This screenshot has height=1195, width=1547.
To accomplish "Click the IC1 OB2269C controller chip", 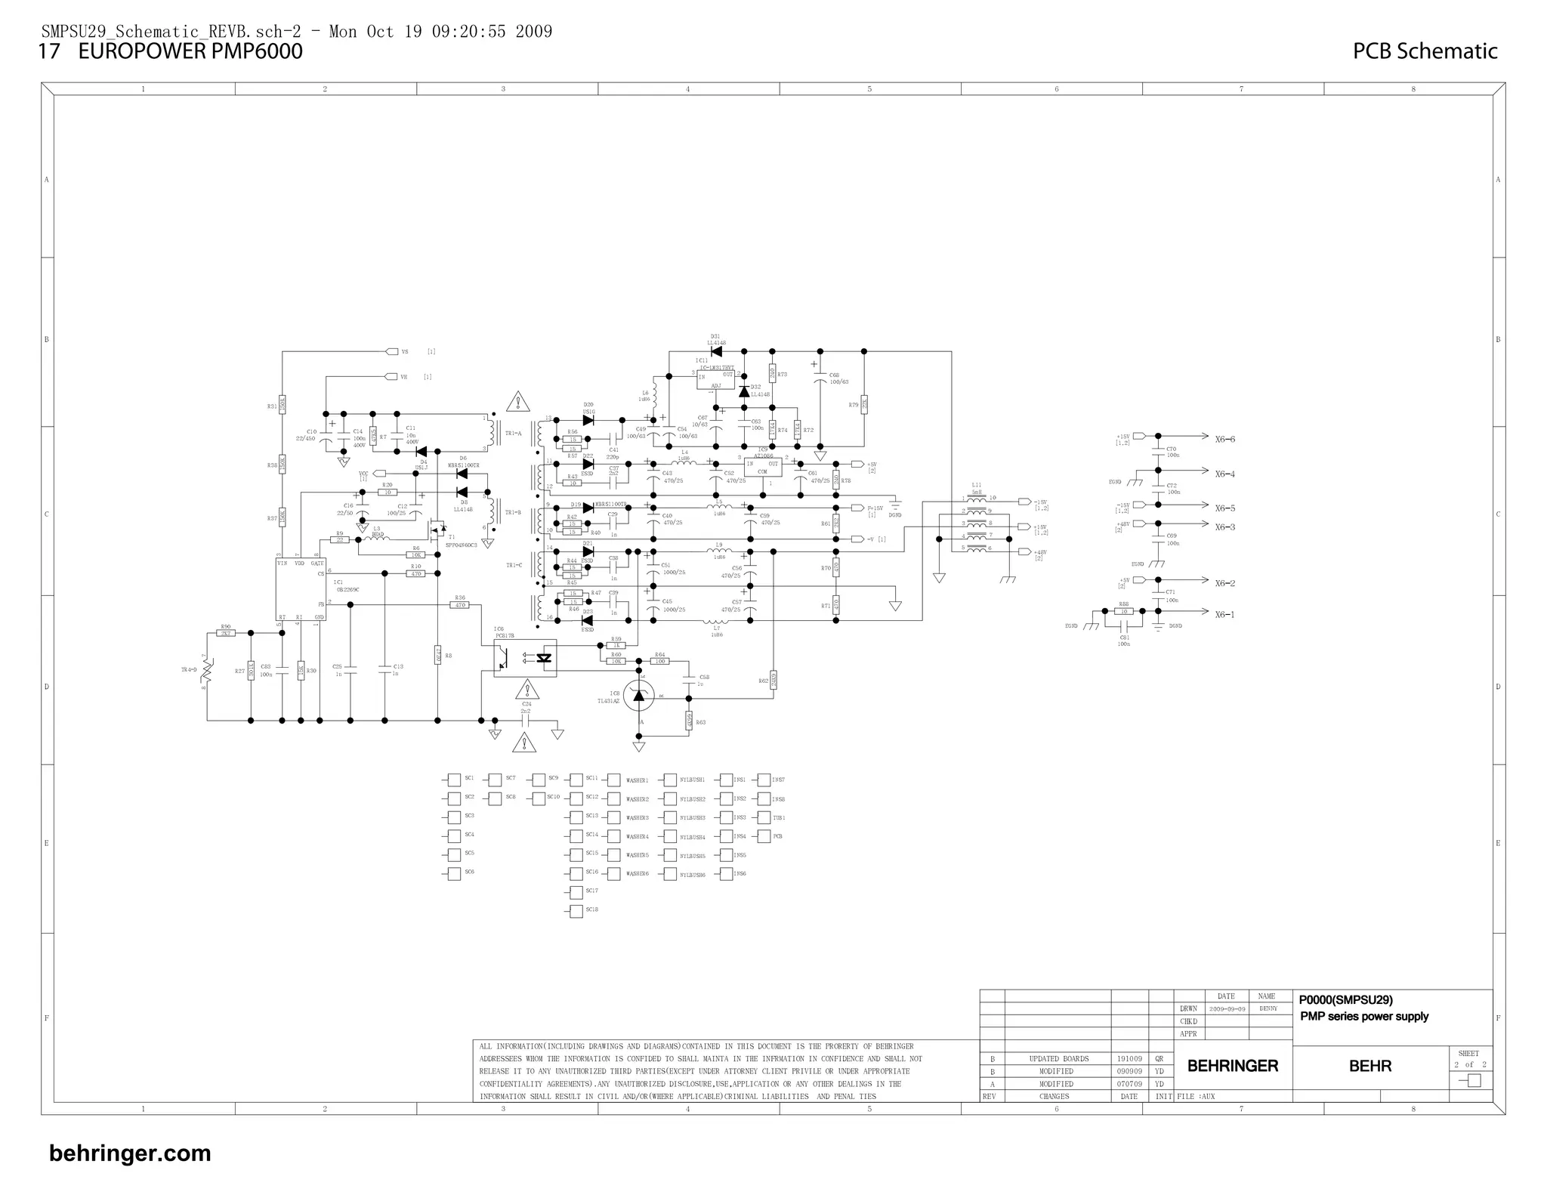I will pyautogui.click(x=301, y=589).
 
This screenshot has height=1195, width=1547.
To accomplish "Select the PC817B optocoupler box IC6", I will pyautogui.click(x=525, y=658).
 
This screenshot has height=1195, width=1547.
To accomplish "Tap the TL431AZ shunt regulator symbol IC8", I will pyautogui.click(x=639, y=695).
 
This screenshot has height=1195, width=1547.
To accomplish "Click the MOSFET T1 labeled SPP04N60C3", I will pyautogui.click(x=437, y=530).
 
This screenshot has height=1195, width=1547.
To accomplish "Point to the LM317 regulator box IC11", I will pyautogui.click(x=715, y=379).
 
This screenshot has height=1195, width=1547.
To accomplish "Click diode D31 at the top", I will pyautogui.click(x=716, y=351).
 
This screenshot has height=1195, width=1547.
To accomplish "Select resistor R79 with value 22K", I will pyautogui.click(x=863, y=405).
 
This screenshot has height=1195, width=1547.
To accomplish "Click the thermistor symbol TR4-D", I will pyautogui.click(x=207, y=671).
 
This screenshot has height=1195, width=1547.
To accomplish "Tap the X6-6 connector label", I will pyautogui.click(x=1225, y=440).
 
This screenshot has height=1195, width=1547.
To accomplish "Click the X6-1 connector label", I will pyautogui.click(x=1225, y=615).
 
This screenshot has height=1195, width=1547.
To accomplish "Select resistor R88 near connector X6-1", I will pyautogui.click(x=1124, y=611).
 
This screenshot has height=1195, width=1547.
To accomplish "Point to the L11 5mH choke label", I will pyautogui.click(x=977, y=488).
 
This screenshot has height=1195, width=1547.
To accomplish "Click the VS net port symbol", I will pyautogui.click(x=391, y=351).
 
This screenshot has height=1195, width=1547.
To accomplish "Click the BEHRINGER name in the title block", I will pyautogui.click(x=1233, y=1066).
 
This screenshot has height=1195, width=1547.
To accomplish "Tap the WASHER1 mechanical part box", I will pyautogui.click(x=613, y=780).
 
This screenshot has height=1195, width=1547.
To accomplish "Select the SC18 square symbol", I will pyautogui.click(x=576, y=910).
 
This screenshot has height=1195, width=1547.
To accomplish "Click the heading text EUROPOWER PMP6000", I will pyautogui.click(x=190, y=51).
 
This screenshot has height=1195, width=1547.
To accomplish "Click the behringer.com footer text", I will pyautogui.click(x=130, y=1153).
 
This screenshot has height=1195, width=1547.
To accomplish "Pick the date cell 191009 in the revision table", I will pyautogui.click(x=1130, y=1059).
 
